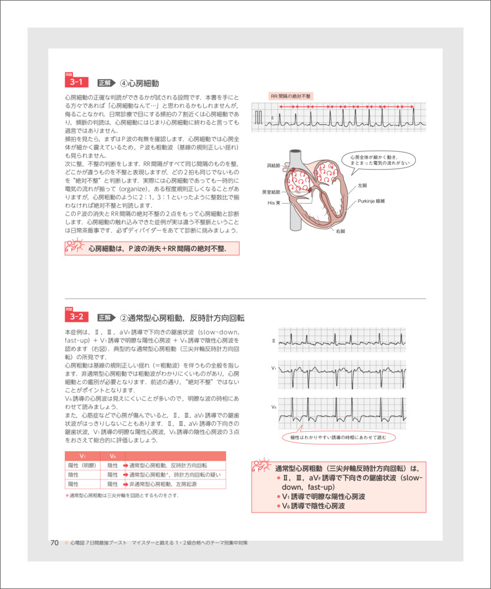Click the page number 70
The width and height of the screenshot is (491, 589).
(x=54, y=542)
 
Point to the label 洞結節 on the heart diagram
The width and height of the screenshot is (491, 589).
(x=274, y=166)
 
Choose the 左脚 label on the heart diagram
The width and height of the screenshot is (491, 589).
(x=362, y=185)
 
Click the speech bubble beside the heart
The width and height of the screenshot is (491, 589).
(x=378, y=160)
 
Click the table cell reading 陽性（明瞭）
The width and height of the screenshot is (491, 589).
(x=82, y=465)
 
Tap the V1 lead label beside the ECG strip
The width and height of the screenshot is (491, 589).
(x=274, y=368)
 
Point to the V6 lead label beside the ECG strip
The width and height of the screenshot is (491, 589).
(x=274, y=408)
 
